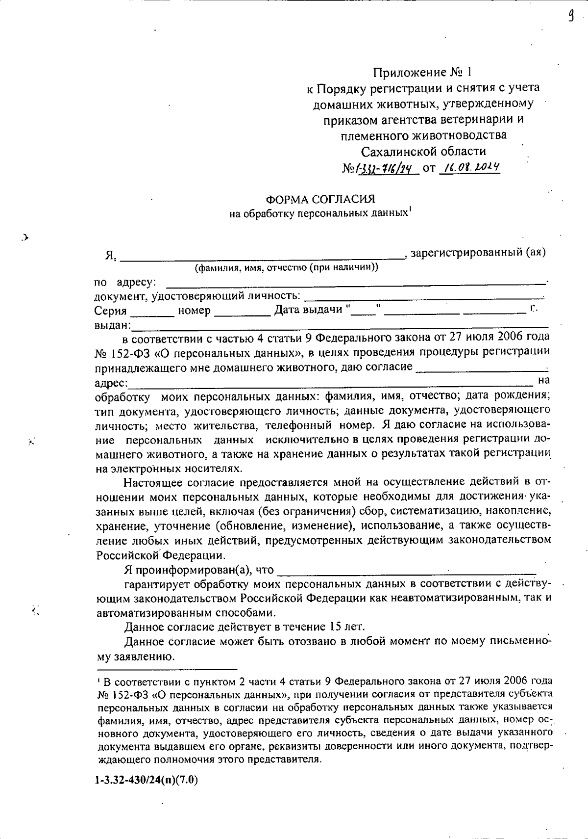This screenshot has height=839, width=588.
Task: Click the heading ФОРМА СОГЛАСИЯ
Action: pyautogui.click(x=320, y=199)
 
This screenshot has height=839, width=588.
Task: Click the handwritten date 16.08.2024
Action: pyautogui.click(x=470, y=168)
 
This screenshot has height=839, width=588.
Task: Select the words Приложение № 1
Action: pyautogui.click(x=422, y=73)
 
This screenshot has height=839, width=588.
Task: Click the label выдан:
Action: pyautogui.click(x=112, y=325)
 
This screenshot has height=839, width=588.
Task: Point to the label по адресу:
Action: pyautogui.click(x=125, y=283)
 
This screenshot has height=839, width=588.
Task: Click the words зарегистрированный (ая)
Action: pyautogui.click(x=478, y=253)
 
